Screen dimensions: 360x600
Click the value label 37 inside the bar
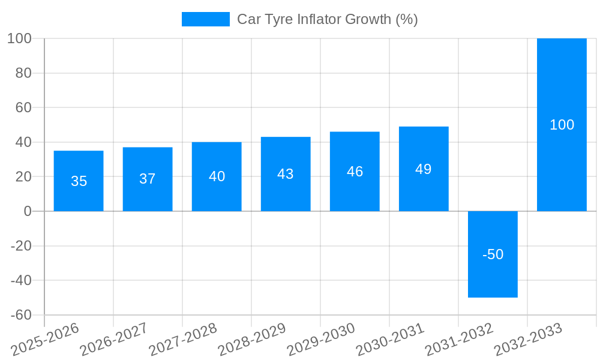[148, 179]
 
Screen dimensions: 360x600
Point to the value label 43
[286, 174]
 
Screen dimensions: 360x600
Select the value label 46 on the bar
[355, 172]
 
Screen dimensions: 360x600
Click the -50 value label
[493, 254]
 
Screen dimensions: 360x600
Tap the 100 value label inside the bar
[562, 125]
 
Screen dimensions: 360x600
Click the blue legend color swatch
[205, 19]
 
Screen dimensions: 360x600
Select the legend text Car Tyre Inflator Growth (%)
[327, 19]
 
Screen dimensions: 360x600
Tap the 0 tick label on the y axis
[28, 211]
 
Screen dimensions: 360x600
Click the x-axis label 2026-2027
[114, 339]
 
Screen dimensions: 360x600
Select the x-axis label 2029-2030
[321, 339]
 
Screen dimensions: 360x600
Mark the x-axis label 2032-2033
[528, 339]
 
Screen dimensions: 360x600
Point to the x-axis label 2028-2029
[252, 339]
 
